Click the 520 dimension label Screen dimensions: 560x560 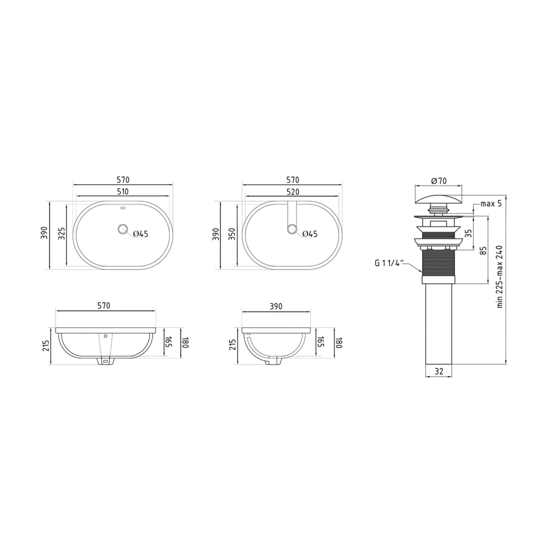(x=293, y=192)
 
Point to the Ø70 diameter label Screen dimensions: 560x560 (x=439, y=181)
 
